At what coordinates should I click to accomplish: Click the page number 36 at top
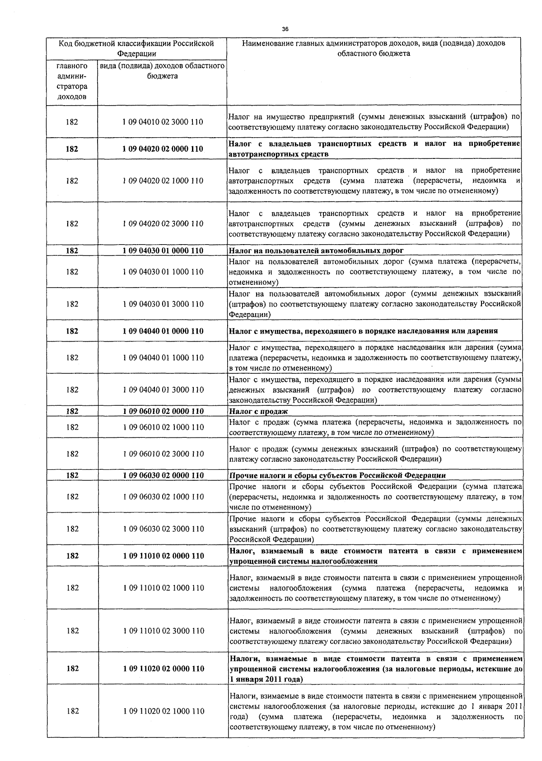click(285, 29)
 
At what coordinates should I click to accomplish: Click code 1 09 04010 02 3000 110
click(163, 122)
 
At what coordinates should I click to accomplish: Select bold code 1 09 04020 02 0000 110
click(163, 149)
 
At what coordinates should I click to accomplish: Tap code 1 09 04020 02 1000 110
click(163, 181)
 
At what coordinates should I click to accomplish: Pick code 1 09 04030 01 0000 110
click(163, 251)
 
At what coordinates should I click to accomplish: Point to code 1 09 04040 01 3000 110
click(163, 390)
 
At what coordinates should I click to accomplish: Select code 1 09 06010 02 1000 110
click(163, 427)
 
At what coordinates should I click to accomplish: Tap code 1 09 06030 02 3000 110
click(163, 529)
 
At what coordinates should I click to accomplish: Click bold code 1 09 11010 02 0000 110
click(163, 556)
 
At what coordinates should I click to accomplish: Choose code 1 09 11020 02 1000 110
click(163, 711)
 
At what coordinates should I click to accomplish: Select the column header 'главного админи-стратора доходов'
click(72, 81)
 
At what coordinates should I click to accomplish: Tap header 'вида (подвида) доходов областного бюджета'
click(162, 71)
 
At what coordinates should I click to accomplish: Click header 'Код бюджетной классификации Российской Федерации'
click(136, 48)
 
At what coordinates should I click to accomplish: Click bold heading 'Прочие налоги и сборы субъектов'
click(337, 475)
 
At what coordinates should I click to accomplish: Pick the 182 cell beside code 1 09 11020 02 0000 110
click(72, 668)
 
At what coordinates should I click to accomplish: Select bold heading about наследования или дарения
click(364, 331)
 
